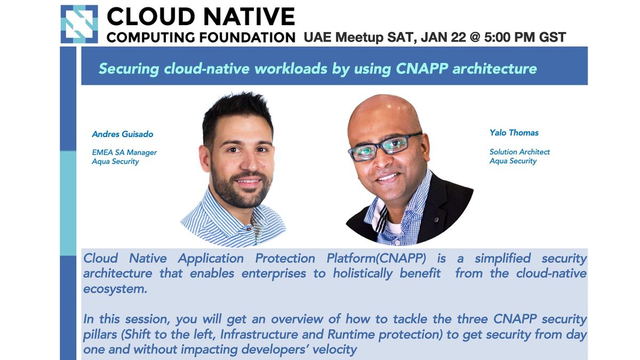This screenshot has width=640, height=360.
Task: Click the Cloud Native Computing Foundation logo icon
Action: tap(79, 24)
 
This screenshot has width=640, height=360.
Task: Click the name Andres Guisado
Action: tap(123, 134)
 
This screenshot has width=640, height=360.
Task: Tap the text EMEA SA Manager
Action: tap(124, 152)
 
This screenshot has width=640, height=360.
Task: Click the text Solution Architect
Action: tap(519, 151)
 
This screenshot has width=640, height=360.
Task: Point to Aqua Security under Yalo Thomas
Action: tap(513, 161)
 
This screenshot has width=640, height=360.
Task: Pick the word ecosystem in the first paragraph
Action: tap(115, 289)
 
